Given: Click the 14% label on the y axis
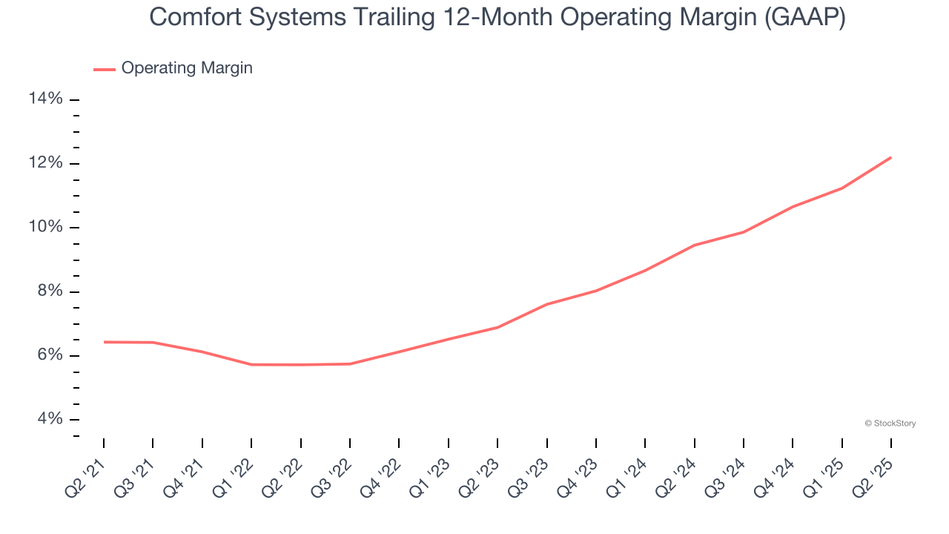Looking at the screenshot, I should tap(44, 99).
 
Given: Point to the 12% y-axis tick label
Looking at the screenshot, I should tap(44, 163).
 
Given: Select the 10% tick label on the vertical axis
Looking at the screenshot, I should tap(44, 227).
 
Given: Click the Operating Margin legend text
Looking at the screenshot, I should tap(187, 68).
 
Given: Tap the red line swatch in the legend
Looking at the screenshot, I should tap(105, 69).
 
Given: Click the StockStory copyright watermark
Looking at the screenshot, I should tap(890, 423).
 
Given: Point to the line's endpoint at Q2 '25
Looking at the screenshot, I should tap(890, 157).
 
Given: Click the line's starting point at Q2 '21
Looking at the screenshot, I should tap(104, 342).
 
